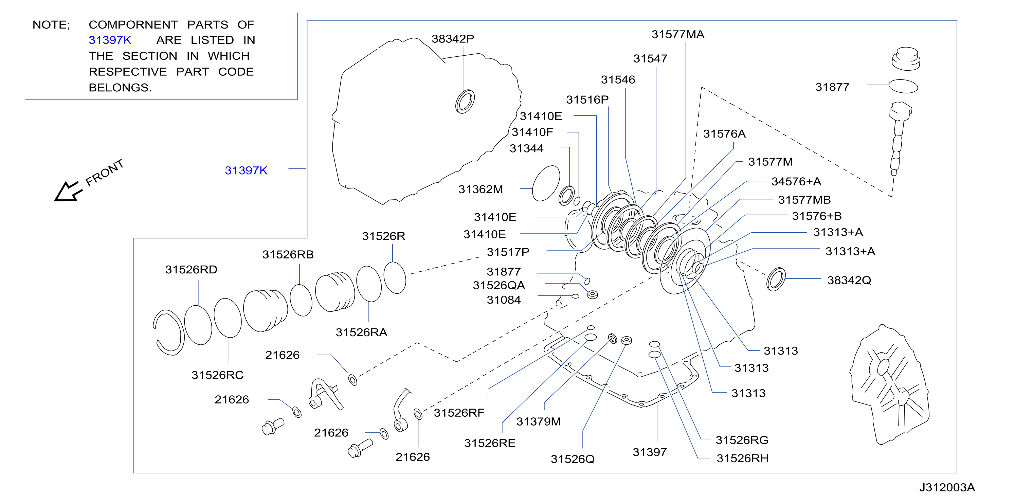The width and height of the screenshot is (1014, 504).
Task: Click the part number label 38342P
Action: [x=453, y=39]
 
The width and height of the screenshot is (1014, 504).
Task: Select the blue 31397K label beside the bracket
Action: [x=246, y=170]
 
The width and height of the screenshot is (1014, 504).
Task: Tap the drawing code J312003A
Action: [x=947, y=487]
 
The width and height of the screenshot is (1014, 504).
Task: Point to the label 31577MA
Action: [x=677, y=34]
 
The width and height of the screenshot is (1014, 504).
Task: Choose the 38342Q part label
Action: [x=849, y=280]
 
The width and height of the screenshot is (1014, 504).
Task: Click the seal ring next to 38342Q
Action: [x=776, y=279]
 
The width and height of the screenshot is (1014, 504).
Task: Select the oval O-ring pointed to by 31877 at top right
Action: [x=903, y=86]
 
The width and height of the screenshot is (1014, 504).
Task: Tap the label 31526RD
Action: [x=191, y=269]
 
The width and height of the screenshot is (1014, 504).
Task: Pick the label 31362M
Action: [x=481, y=190]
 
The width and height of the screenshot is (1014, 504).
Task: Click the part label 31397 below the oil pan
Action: [x=650, y=452]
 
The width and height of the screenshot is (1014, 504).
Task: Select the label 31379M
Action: [x=539, y=421]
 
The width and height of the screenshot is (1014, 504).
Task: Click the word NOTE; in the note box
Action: [x=51, y=25]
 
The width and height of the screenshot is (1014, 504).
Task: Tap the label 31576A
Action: [x=724, y=134]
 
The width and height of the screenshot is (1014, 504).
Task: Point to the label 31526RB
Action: [x=288, y=254]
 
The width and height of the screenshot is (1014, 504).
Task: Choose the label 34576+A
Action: [x=796, y=181]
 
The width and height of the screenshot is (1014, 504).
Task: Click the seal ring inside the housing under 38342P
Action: [x=465, y=102]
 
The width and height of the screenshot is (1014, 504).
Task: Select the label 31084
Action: [x=504, y=300]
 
